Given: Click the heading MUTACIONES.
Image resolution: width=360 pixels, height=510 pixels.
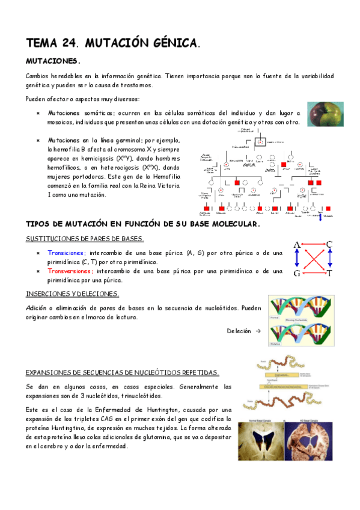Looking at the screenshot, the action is [53, 61].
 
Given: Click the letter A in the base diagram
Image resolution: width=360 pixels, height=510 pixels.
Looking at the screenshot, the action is [296, 245].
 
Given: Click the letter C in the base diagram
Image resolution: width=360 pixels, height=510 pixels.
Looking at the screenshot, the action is [329, 245].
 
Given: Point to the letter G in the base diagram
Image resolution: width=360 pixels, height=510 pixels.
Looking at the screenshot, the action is [296, 273].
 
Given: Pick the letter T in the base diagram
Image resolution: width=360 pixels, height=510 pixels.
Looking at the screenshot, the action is [329, 273].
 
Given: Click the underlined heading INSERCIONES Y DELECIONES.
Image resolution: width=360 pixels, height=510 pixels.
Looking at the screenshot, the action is [72, 294].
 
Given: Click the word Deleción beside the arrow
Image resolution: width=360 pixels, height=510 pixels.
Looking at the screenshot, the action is [239, 331].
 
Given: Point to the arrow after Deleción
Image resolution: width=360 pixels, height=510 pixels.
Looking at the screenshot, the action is [258, 331].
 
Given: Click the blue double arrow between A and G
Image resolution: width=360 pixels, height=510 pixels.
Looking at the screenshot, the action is [296, 259].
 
